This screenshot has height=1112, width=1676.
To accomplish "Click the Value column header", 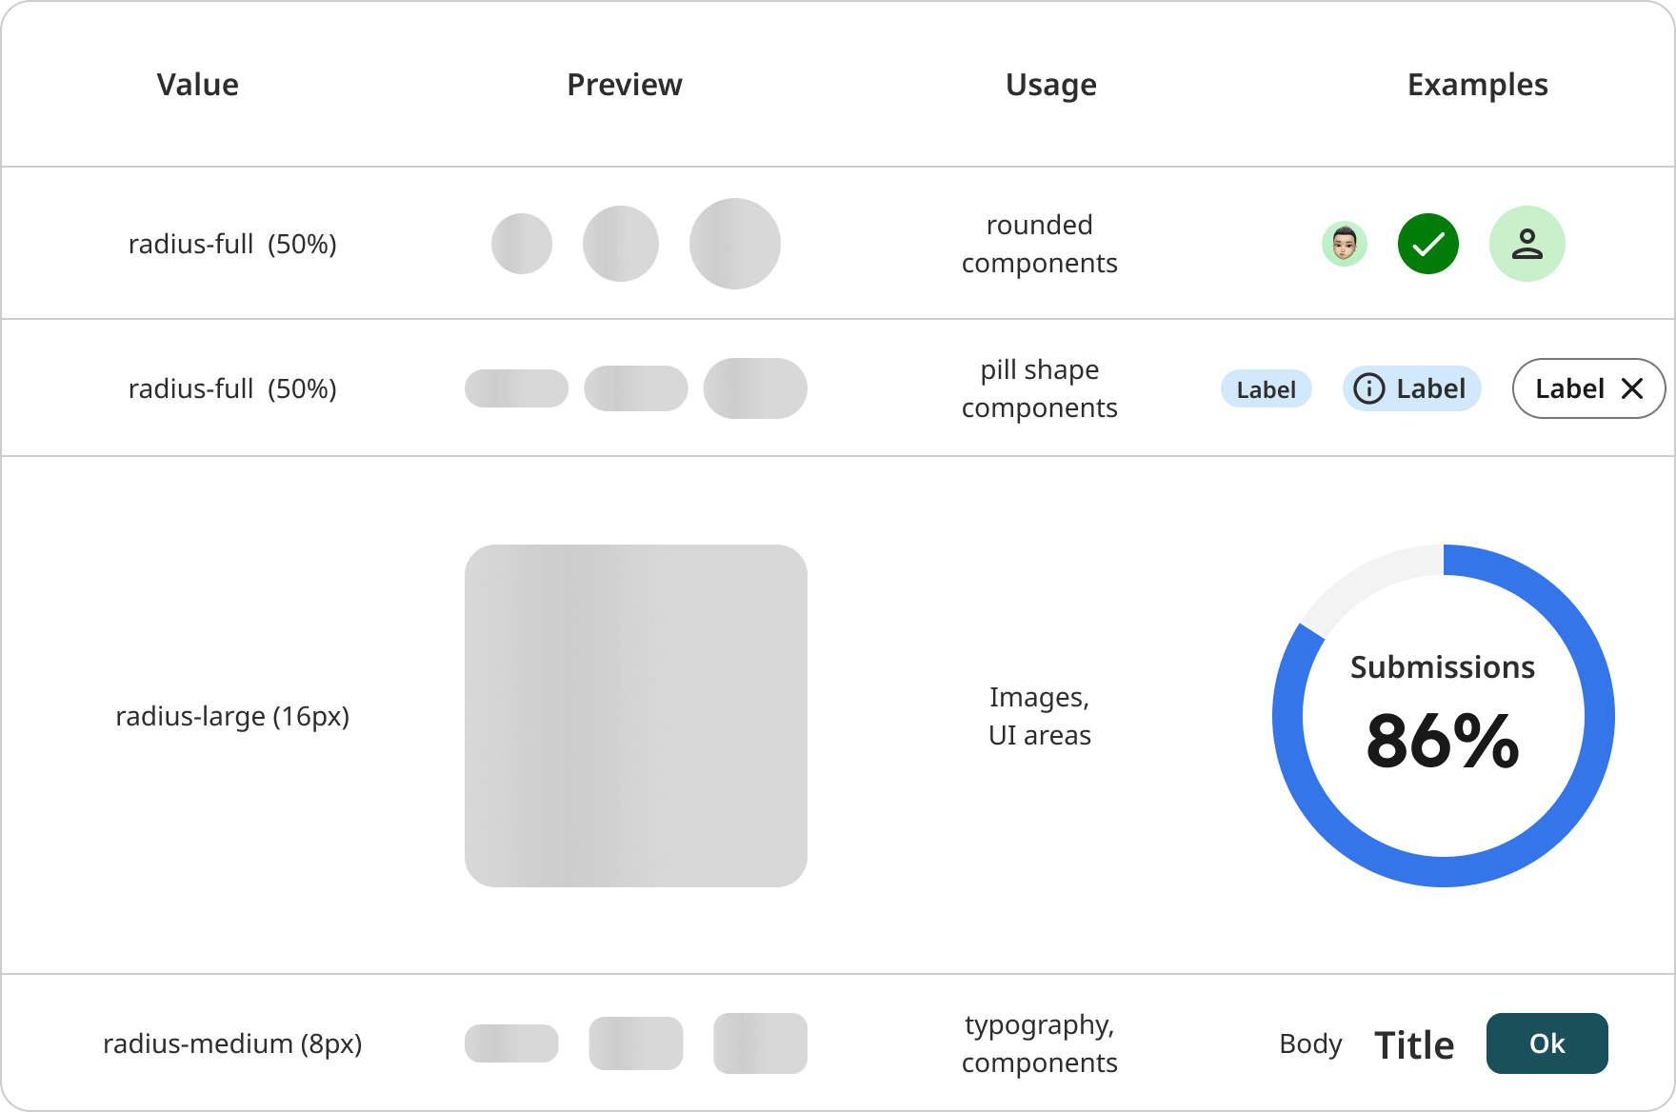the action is pyautogui.click(x=198, y=85).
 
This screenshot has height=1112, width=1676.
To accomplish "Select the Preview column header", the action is pyautogui.click(x=625, y=85).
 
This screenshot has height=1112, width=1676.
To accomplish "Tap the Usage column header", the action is pyautogui.click(x=1051, y=86).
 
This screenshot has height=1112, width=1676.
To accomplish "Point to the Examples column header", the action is pyautogui.click(x=1478, y=86).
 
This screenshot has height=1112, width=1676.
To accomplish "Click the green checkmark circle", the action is pyautogui.click(x=1428, y=244).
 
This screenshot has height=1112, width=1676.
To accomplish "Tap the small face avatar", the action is pyautogui.click(x=1345, y=244).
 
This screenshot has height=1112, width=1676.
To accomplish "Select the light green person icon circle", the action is pyautogui.click(x=1527, y=244).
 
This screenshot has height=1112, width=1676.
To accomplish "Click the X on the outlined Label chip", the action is pyautogui.click(x=1632, y=388).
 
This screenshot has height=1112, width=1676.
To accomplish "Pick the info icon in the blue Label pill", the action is pyautogui.click(x=1369, y=388).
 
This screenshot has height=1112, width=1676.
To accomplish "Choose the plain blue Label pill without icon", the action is pyautogui.click(x=1267, y=388).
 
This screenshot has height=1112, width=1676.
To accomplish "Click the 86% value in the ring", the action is pyautogui.click(x=1443, y=741).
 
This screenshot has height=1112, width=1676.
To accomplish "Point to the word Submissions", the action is pyautogui.click(x=1443, y=666).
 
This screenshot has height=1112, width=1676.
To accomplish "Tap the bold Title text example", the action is pyautogui.click(x=1414, y=1044).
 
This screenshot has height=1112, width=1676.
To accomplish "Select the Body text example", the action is pyautogui.click(x=1310, y=1044).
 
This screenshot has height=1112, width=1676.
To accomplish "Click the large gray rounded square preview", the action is pyautogui.click(x=636, y=716).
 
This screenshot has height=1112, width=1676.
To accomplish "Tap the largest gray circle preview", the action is pyautogui.click(x=735, y=244).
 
